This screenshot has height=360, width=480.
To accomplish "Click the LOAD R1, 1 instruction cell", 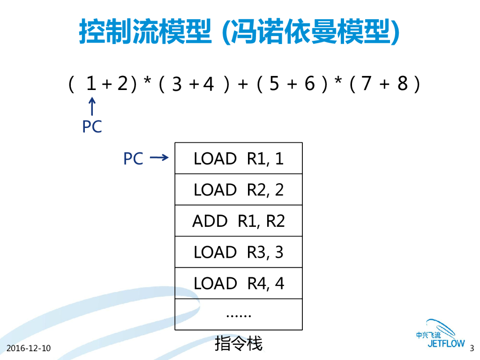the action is pos(239,158).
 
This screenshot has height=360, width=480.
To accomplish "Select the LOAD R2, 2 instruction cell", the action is pos(239,189).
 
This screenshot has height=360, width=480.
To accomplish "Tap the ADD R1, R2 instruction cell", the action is pos(239,221).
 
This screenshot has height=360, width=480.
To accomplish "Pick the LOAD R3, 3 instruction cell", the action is pos(239,252).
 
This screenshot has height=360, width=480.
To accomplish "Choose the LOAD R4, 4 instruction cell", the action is pos(239,283).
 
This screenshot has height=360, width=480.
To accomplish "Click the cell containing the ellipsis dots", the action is pos(239,314).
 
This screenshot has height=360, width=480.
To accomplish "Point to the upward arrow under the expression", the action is pos(92,106).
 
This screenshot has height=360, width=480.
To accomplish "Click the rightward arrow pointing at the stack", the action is pos(159,158).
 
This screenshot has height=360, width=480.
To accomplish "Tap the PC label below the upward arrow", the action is pos(92,127).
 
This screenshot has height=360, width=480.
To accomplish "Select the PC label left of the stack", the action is pos(133,159).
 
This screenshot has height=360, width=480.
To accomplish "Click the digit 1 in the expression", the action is pos(91,84).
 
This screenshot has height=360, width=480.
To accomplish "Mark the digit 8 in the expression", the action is pos(402,84).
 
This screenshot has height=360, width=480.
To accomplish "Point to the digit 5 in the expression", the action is pos(274,84).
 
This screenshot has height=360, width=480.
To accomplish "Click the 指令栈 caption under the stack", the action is pos(239,344).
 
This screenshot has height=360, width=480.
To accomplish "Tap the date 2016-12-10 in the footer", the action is pos(29,348).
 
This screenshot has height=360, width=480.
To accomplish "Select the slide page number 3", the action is pos(472,348).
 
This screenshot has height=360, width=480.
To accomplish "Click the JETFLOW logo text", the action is pos(446,344).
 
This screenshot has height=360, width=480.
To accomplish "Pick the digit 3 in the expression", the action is pos(177,85).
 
